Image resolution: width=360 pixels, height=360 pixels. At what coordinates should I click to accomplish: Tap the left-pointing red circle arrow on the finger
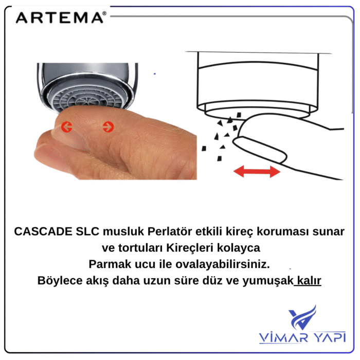(x=66, y=127)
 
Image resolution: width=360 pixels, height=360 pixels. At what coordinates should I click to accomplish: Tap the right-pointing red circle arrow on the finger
(x=108, y=127)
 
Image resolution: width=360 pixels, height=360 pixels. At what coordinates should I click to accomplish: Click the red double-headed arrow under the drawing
(x=257, y=171)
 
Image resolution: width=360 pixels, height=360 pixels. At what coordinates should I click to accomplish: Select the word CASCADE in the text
(x=43, y=231)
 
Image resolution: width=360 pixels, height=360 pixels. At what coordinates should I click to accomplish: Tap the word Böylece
(x=60, y=281)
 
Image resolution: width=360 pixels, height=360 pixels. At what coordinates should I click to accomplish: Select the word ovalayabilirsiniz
(x=223, y=264)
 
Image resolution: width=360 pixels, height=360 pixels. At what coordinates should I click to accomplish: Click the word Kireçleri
(x=190, y=248)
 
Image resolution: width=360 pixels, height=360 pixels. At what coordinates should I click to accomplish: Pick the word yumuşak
(x=268, y=281)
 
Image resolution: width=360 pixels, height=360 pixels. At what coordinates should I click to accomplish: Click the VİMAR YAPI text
(x=302, y=337)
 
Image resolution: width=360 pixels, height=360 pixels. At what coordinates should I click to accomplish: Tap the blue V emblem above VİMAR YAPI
(x=302, y=317)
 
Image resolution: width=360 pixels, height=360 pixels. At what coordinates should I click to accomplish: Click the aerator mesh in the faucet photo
(x=88, y=99)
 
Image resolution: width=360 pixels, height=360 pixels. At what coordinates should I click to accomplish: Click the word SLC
(x=87, y=231)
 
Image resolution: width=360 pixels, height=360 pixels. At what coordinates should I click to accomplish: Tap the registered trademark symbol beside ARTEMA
(x=104, y=13)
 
